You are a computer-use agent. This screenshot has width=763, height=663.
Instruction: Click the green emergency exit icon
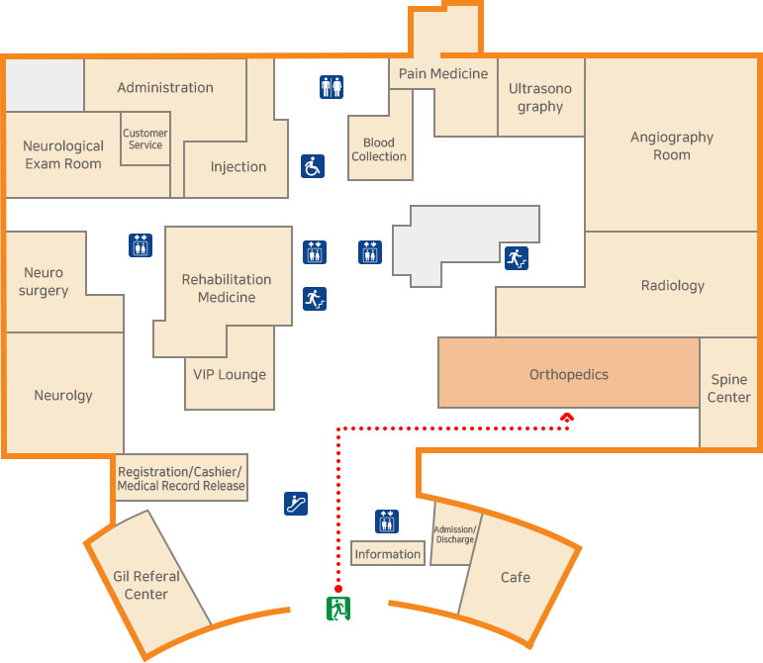[338, 608]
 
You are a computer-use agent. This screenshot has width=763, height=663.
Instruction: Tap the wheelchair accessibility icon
[313, 166]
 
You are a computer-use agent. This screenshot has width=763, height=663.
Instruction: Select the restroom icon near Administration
[332, 87]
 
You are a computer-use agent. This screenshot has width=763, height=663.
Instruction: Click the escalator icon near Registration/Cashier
[295, 503]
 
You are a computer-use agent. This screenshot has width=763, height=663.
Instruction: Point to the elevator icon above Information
[387, 521]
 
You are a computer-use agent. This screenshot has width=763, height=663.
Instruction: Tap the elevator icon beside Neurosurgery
[141, 244]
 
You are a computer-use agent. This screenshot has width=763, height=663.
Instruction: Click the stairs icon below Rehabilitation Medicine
[315, 298]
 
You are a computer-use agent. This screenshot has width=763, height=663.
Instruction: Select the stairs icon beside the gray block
[517, 258]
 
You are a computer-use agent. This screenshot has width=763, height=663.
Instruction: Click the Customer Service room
[145, 140]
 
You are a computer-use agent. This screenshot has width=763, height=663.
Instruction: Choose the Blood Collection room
[379, 149]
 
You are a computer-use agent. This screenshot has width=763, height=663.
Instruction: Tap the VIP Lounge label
[230, 374]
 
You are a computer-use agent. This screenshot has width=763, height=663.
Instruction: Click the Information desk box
[388, 554]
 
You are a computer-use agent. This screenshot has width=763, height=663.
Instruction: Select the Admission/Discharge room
[455, 534]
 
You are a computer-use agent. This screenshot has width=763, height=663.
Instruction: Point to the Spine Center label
[729, 389]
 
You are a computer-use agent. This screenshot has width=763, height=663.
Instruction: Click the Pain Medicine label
[443, 73]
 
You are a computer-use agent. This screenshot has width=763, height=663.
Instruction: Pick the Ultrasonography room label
[540, 97]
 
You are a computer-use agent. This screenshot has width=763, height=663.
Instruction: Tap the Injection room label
[238, 166]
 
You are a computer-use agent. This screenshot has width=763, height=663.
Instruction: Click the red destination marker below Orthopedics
[567, 418]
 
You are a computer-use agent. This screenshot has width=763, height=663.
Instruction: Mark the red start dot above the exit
[338, 586]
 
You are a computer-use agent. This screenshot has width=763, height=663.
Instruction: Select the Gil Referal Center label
[146, 585]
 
